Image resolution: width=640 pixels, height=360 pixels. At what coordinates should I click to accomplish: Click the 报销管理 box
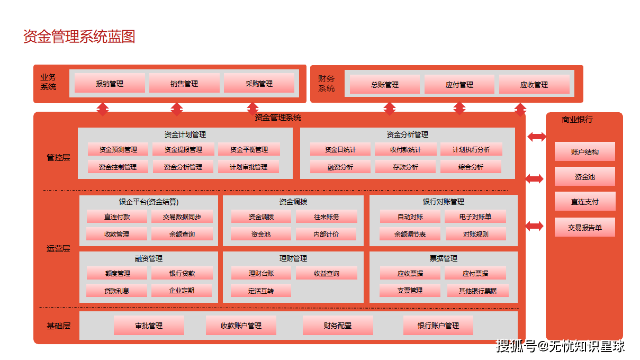(x=110, y=84)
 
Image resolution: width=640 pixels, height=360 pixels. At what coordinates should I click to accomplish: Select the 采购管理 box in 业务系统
(x=259, y=84)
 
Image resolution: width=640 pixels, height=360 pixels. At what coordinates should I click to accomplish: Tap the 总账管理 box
(x=384, y=85)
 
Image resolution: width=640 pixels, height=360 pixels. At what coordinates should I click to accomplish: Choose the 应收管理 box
(x=534, y=85)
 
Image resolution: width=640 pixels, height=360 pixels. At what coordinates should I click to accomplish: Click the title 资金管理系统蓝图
(x=79, y=37)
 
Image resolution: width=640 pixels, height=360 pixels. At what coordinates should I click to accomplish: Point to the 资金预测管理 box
(x=118, y=150)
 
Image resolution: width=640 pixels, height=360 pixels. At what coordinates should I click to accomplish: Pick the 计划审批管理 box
(x=248, y=167)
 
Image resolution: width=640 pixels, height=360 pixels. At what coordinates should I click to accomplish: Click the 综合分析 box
(x=471, y=167)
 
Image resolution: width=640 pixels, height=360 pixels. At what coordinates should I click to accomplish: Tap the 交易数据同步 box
(x=182, y=217)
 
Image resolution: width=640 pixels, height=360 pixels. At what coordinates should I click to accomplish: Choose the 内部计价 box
(x=326, y=234)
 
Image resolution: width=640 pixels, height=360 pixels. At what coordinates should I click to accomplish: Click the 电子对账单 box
(x=475, y=217)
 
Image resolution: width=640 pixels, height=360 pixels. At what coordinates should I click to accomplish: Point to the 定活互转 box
(x=260, y=291)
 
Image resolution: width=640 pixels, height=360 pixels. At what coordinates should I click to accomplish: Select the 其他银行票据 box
(x=477, y=291)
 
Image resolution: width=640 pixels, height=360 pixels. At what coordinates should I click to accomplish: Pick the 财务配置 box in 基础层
(x=338, y=326)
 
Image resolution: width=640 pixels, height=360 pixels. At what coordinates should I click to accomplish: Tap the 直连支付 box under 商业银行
(x=584, y=202)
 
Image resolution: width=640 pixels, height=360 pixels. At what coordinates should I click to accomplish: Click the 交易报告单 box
(x=584, y=227)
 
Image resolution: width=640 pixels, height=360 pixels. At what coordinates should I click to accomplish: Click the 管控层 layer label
(x=58, y=157)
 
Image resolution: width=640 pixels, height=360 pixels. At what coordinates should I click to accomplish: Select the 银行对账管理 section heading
(x=443, y=202)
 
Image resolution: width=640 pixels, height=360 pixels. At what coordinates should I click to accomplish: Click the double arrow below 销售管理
(x=177, y=109)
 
